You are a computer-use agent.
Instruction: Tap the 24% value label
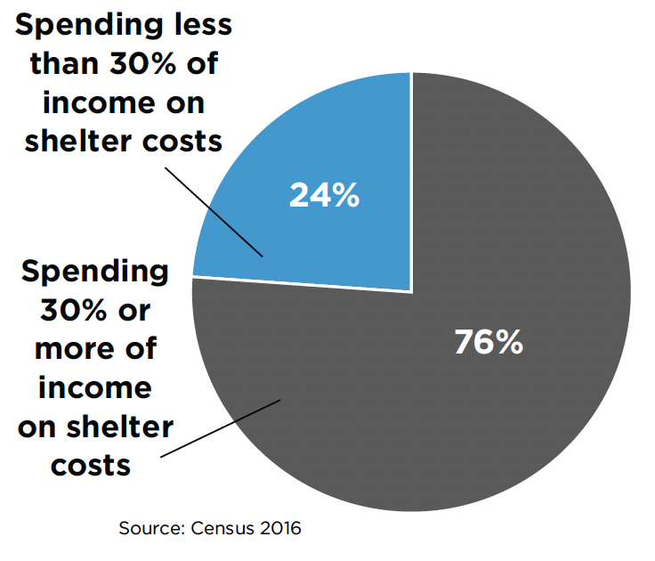pos(324,196)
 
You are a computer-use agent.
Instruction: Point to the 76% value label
pos(489,343)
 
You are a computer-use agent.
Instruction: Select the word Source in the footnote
pos(149,529)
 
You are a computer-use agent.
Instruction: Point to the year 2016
pos(278,529)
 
